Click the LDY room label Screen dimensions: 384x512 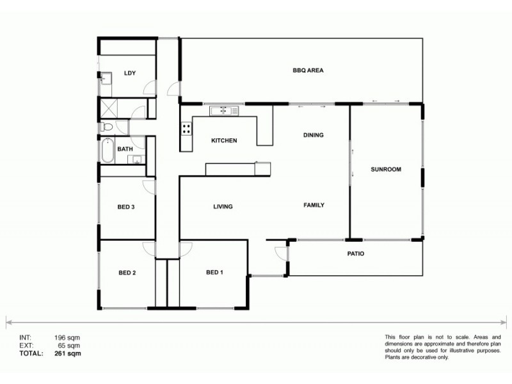pos(130,73)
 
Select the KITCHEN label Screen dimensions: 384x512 pos(224,140)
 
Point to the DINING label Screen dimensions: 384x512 pos(314,135)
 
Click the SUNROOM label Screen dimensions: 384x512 pos(386,170)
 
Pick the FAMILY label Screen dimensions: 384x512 pos(314,205)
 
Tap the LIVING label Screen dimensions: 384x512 pos(223,207)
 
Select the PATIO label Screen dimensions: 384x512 pos(355,253)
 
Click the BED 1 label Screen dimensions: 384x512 pos(214,273)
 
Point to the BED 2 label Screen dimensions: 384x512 pos(127,273)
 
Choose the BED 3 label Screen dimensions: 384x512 pos(125,207)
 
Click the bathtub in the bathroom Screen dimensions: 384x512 pos(107,151)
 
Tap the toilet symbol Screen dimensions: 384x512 pos(106,127)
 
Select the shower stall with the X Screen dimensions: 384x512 pos(107,108)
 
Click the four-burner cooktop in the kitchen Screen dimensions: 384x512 pos(186,128)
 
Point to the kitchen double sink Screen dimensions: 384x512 pos(224,111)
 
